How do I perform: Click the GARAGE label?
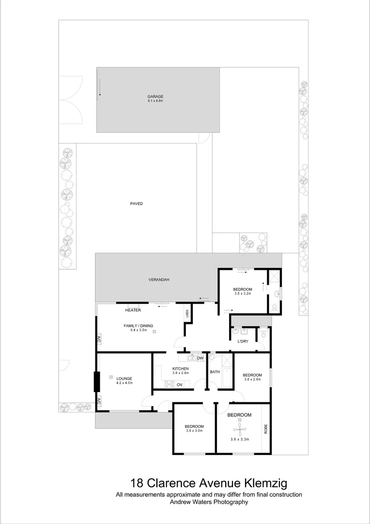coord(155,97)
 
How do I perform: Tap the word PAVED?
coord(137,204)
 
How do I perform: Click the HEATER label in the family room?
coord(133,310)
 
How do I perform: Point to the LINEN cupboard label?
coord(187,314)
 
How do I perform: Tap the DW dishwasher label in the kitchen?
coord(200,359)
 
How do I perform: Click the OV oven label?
coord(179,385)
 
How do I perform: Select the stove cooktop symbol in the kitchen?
coord(169,384)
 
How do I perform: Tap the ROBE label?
coord(265,429)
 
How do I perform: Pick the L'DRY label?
coord(243,342)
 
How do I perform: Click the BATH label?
coord(215,372)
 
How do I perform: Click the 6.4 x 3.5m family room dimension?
coord(138,330)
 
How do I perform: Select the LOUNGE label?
coord(124,378)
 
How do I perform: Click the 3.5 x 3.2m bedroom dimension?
coord(243,294)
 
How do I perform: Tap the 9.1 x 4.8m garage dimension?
coord(155,100)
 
